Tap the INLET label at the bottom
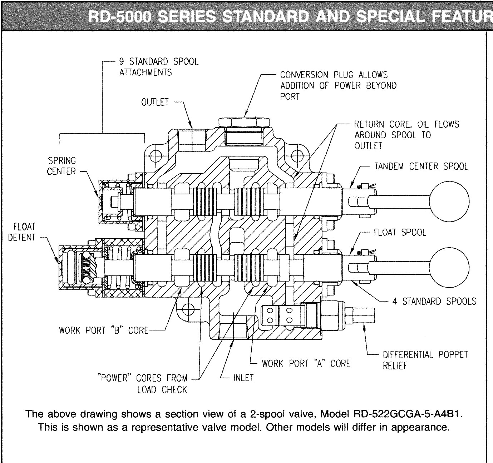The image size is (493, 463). point(243,377)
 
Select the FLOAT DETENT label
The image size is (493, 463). point(22,232)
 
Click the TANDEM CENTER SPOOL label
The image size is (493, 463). point(421,166)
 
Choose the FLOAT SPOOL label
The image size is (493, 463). point(400,232)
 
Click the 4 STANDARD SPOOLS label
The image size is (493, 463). point(434,301)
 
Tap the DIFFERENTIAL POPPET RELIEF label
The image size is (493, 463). point(425,360)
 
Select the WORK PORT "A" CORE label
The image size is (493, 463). point(306,363)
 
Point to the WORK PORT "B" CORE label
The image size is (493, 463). point(103,330)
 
